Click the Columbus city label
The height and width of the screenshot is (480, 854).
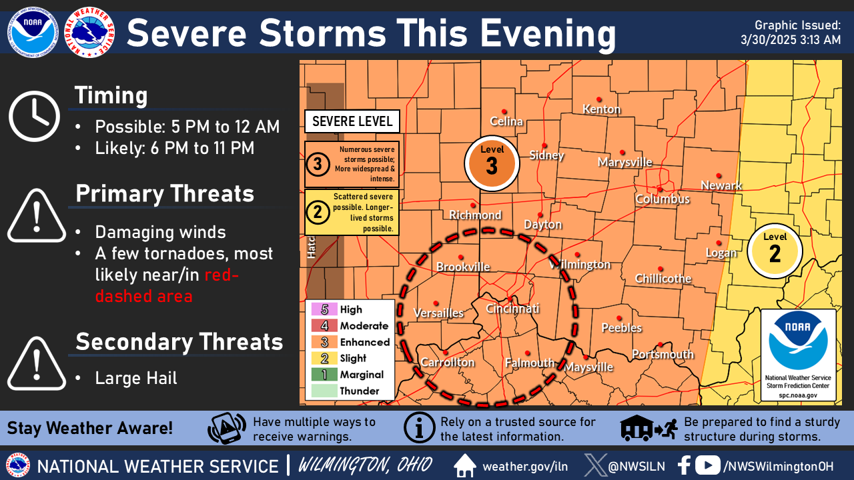(662, 199)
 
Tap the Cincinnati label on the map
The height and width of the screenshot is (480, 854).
(512, 309)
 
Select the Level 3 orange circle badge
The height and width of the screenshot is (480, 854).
(492, 163)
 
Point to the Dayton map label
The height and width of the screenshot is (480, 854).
(542, 225)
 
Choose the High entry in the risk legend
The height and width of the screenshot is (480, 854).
(350, 309)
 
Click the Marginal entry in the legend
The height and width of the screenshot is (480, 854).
(361, 375)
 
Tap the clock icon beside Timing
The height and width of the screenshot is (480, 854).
(34, 117)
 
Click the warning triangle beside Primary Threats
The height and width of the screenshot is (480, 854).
(37, 217)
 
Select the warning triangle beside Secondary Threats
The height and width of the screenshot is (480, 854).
(37, 363)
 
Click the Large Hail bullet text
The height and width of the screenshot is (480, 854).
(136, 379)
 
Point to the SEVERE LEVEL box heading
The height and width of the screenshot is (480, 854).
(352, 122)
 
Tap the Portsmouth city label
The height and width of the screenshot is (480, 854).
(663, 354)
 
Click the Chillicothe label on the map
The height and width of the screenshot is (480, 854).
(663, 278)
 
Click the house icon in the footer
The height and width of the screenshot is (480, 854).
(465, 465)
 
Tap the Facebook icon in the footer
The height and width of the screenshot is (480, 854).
(684, 465)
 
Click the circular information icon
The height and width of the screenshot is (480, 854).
(420, 429)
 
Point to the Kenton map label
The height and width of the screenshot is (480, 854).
(601, 109)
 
